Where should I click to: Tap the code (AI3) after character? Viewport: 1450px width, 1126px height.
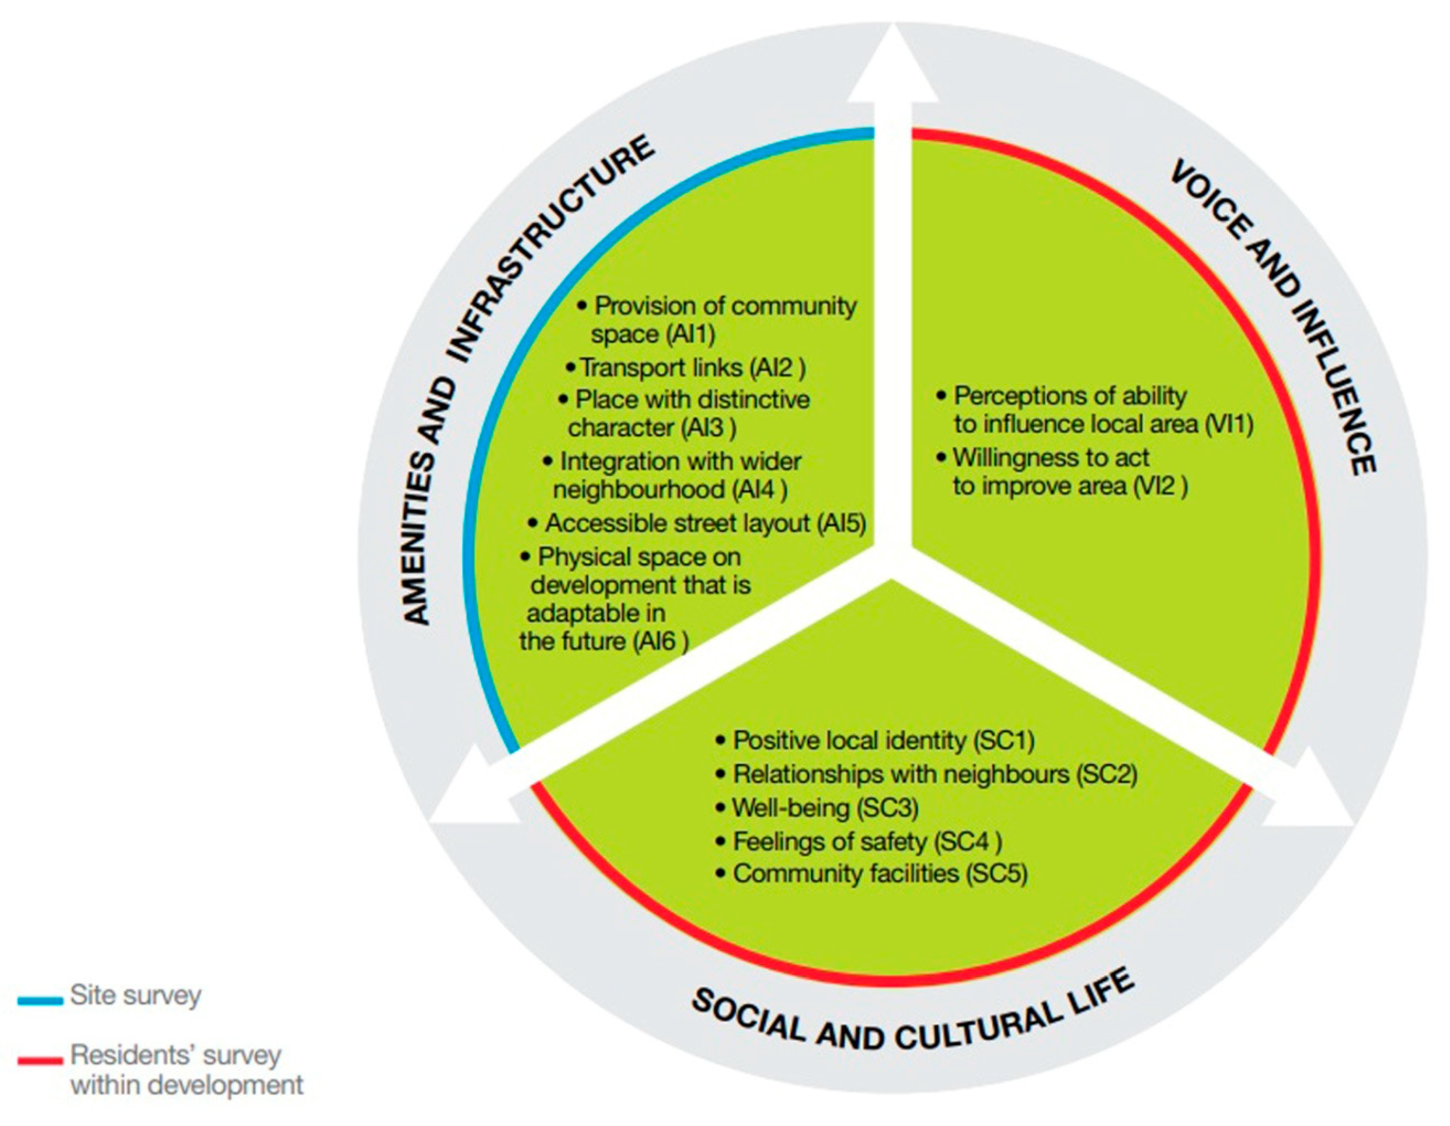click(709, 428)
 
